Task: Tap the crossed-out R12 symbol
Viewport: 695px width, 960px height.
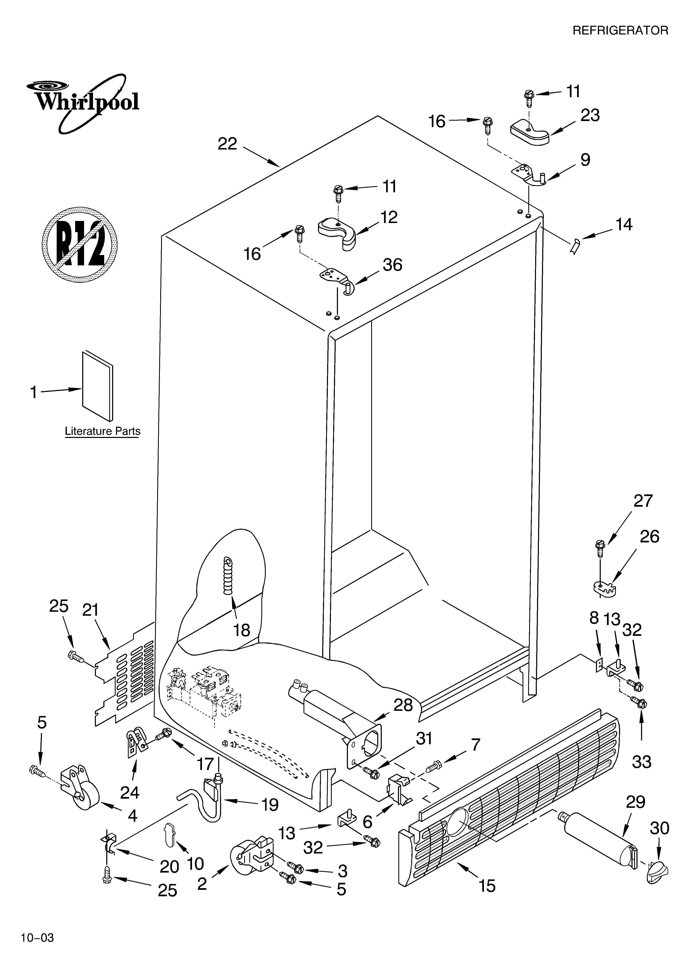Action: (x=80, y=245)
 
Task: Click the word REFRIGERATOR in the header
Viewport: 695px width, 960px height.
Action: (x=620, y=31)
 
